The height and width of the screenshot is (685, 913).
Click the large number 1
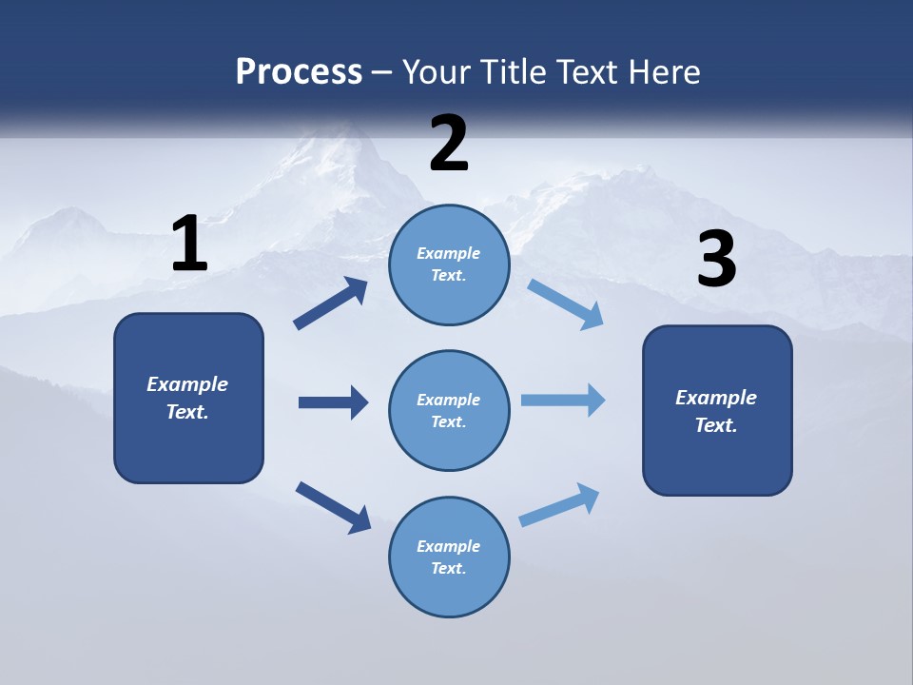click(189, 244)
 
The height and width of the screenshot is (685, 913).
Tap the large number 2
click(449, 143)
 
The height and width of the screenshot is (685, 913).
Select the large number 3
click(717, 260)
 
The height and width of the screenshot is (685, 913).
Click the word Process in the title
click(299, 71)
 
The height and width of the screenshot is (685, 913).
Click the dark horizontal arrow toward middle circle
click(333, 402)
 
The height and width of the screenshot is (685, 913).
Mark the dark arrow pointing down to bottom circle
click(333, 507)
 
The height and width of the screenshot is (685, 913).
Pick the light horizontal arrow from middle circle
click(563, 401)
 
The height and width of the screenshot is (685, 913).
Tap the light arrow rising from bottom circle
click(559, 505)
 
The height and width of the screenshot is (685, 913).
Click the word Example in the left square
click(187, 384)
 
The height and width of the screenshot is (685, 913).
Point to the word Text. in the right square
click(716, 425)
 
